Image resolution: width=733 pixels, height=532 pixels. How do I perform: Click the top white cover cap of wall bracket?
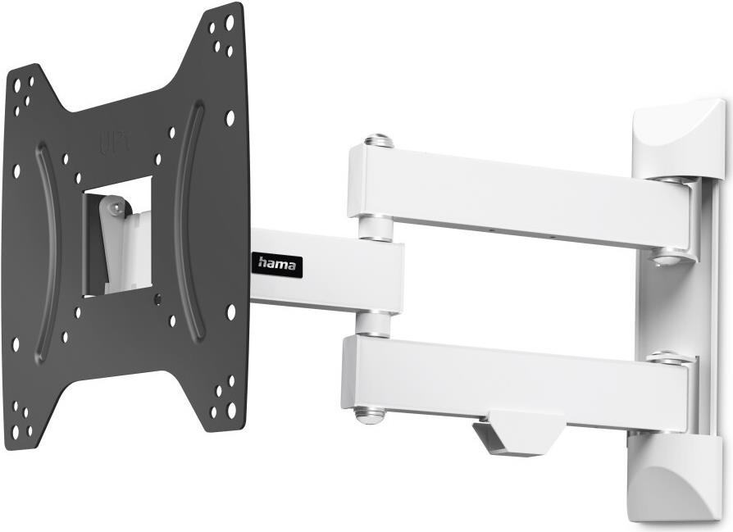(x=678, y=137)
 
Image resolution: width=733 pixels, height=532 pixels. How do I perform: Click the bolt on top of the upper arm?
(x=377, y=140)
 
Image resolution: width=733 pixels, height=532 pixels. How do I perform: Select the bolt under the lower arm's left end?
(x=370, y=415)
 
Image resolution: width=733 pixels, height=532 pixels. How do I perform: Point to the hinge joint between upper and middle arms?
(x=375, y=229)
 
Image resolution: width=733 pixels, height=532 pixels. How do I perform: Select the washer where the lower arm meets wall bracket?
(x=669, y=358)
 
